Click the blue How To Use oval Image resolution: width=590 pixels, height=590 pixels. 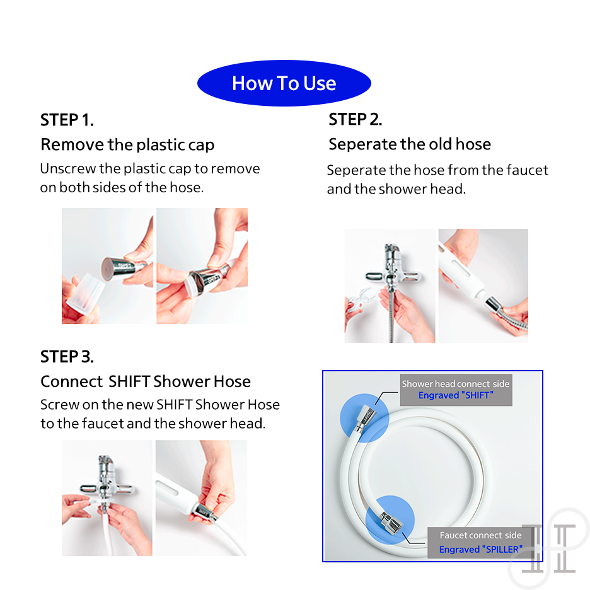(284, 83)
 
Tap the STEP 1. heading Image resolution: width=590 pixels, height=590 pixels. (67, 120)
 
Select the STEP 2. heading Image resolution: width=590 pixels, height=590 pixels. (356, 119)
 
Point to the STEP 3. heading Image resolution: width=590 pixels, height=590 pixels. (67, 356)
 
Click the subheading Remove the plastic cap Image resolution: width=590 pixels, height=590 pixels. (127, 144)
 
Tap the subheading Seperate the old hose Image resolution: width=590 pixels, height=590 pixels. (410, 144)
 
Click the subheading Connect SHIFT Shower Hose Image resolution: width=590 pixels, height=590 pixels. (146, 381)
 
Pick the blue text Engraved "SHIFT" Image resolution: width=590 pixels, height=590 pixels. (456, 395)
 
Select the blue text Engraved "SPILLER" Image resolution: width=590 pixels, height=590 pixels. (480, 550)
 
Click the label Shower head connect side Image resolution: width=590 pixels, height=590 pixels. (456, 384)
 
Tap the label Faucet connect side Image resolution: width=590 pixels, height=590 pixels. (480, 535)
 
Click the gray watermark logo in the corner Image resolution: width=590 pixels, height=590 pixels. (548, 548)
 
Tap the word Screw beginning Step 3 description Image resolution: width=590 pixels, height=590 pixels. (59, 405)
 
